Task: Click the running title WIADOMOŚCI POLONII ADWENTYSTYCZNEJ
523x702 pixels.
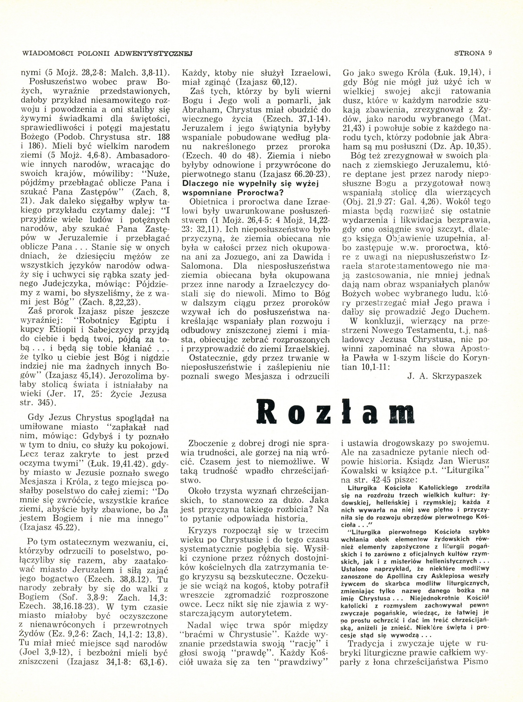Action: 108,53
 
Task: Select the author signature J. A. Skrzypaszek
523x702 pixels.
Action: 445,376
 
